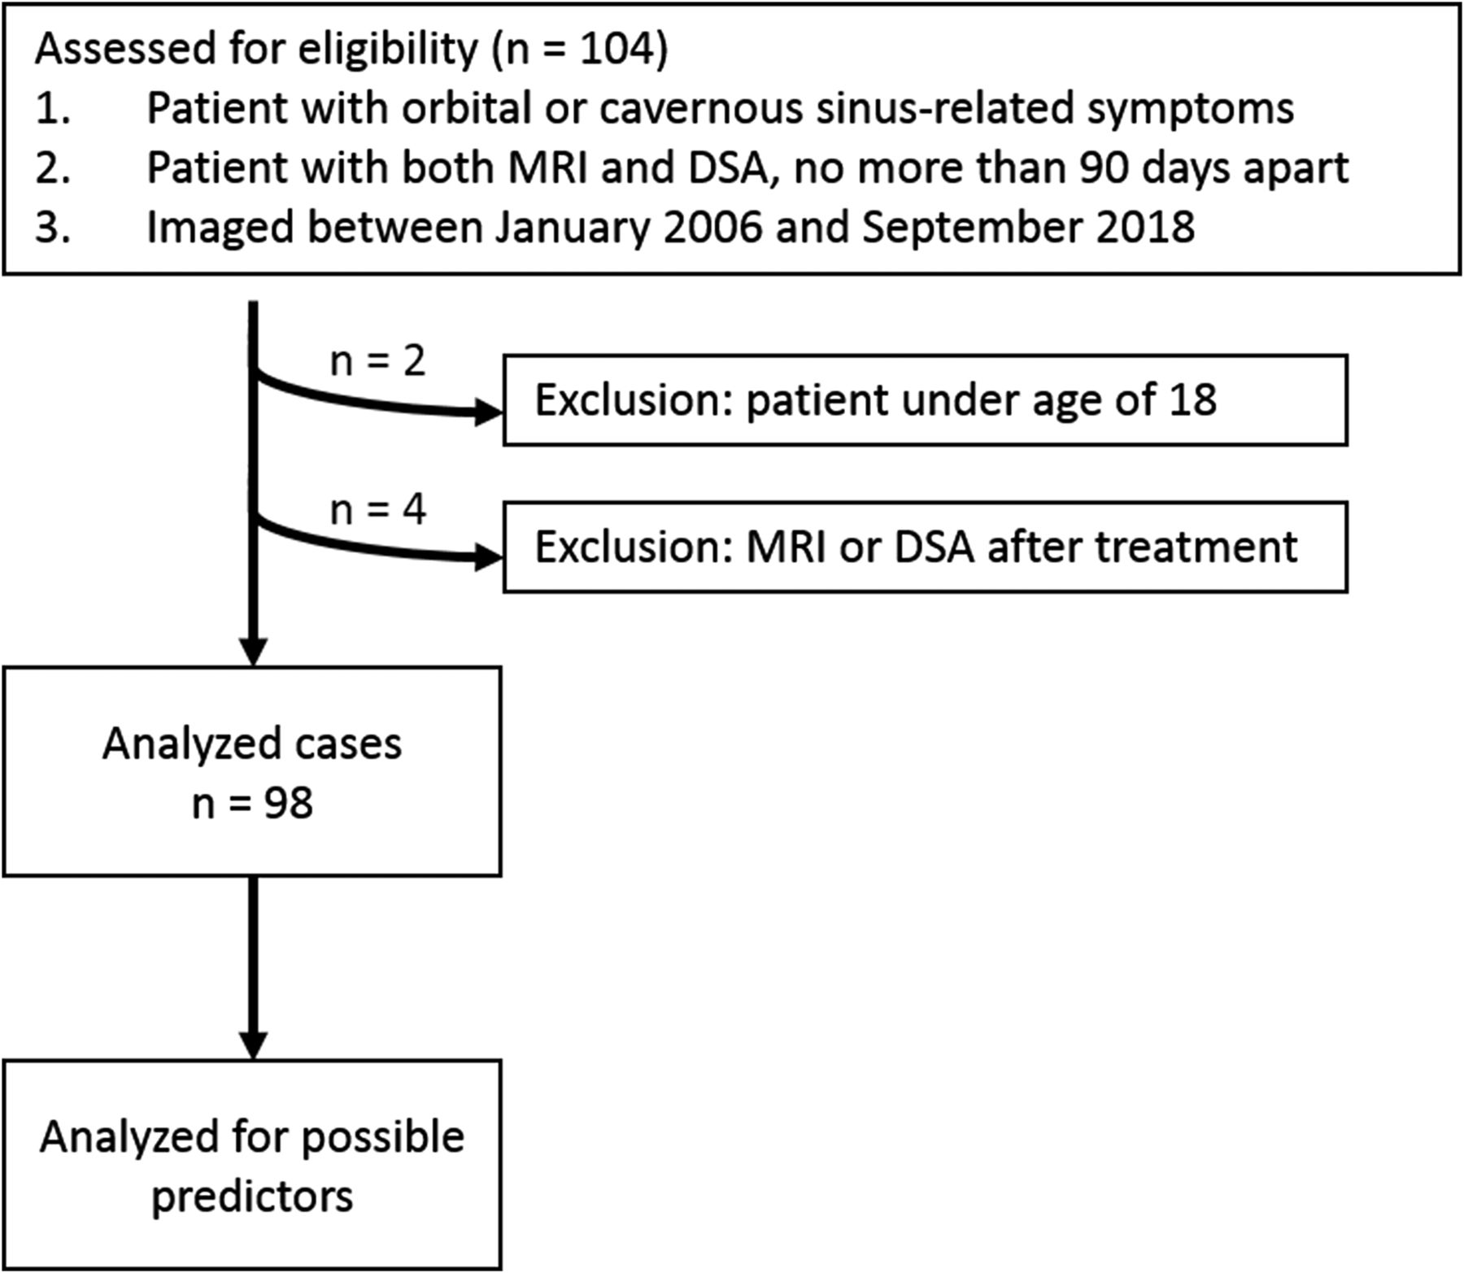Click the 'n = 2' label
click(x=378, y=361)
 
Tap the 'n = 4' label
click(x=378, y=510)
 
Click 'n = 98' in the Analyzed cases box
click(x=253, y=804)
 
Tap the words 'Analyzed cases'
click(x=252, y=744)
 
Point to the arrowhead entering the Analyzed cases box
click(x=254, y=652)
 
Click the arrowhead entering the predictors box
click(x=254, y=1046)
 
